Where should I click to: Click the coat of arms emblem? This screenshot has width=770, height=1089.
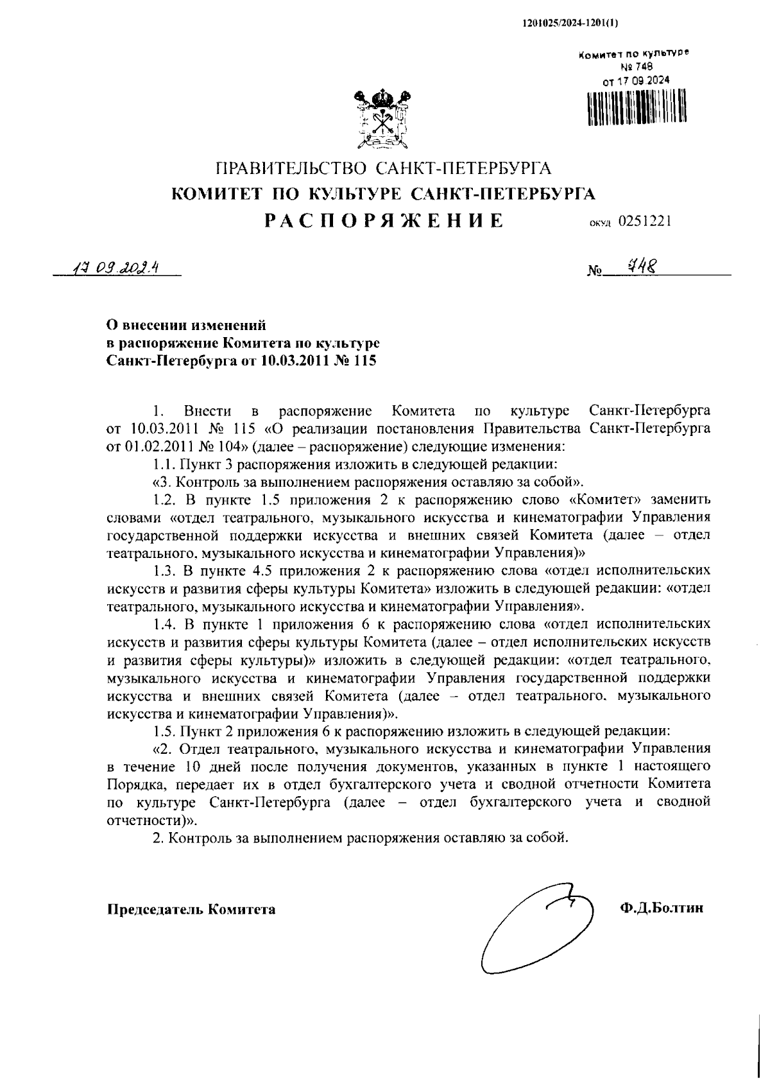[384, 120]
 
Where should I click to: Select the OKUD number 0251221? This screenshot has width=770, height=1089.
[646, 222]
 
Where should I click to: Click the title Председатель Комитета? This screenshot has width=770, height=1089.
[191, 909]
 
